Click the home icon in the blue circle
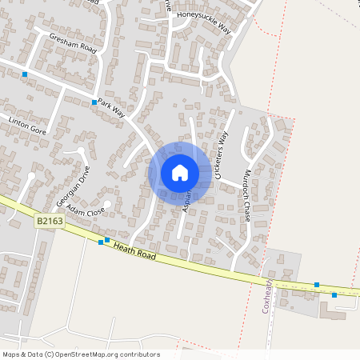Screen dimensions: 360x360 pos(180,173)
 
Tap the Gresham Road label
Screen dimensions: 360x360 pos(72,42)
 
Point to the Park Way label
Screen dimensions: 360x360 pos(110,108)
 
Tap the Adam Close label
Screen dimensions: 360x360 pos(86,211)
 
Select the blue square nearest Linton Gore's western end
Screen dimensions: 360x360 pos(25,74)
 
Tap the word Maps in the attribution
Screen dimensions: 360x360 pos(11,354)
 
